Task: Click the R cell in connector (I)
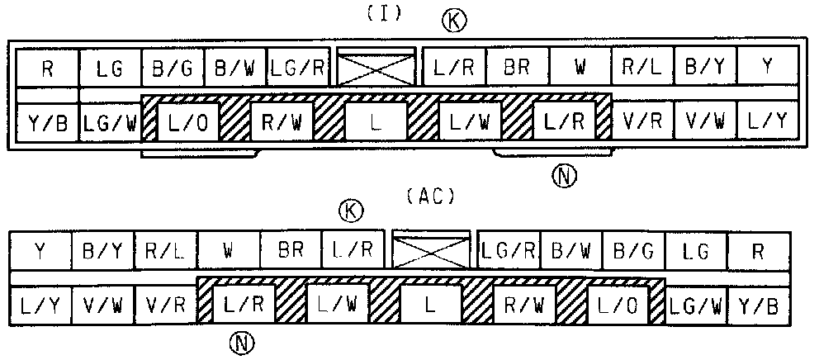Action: (47, 68)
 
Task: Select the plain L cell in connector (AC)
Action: (430, 306)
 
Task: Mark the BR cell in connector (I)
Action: (517, 68)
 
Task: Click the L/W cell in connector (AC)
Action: (338, 306)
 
